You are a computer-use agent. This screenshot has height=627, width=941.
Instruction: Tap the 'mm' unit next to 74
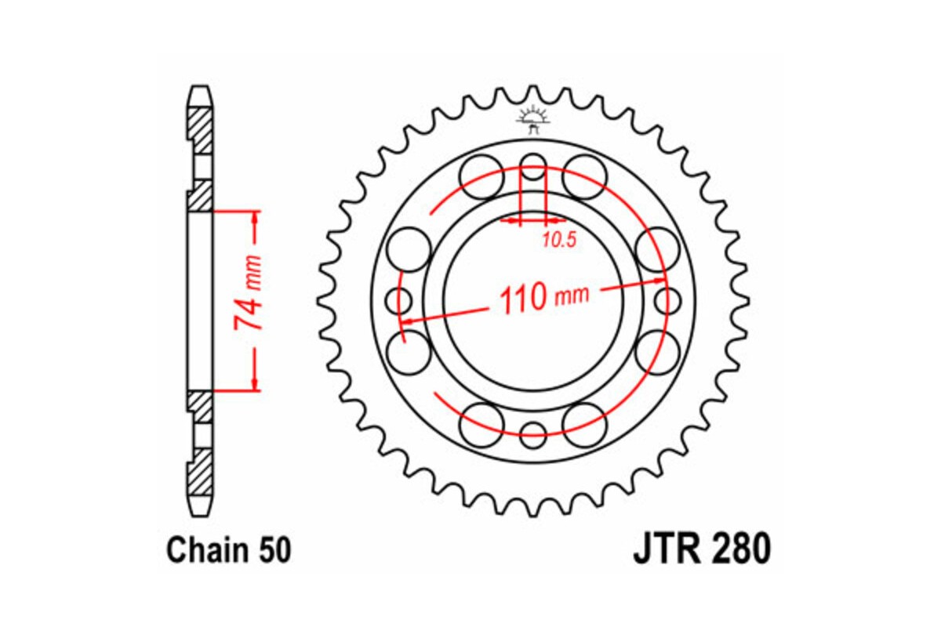point(253,270)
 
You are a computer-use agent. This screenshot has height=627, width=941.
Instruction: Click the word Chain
point(206,551)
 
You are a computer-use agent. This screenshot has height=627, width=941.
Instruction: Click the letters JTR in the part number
point(666,550)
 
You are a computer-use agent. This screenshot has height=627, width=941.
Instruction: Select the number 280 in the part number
point(740,550)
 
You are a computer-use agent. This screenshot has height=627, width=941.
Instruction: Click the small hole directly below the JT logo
point(534,167)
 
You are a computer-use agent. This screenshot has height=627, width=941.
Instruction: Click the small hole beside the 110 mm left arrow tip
point(401,299)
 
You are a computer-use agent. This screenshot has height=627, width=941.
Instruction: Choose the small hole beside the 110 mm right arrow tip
point(667,299)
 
